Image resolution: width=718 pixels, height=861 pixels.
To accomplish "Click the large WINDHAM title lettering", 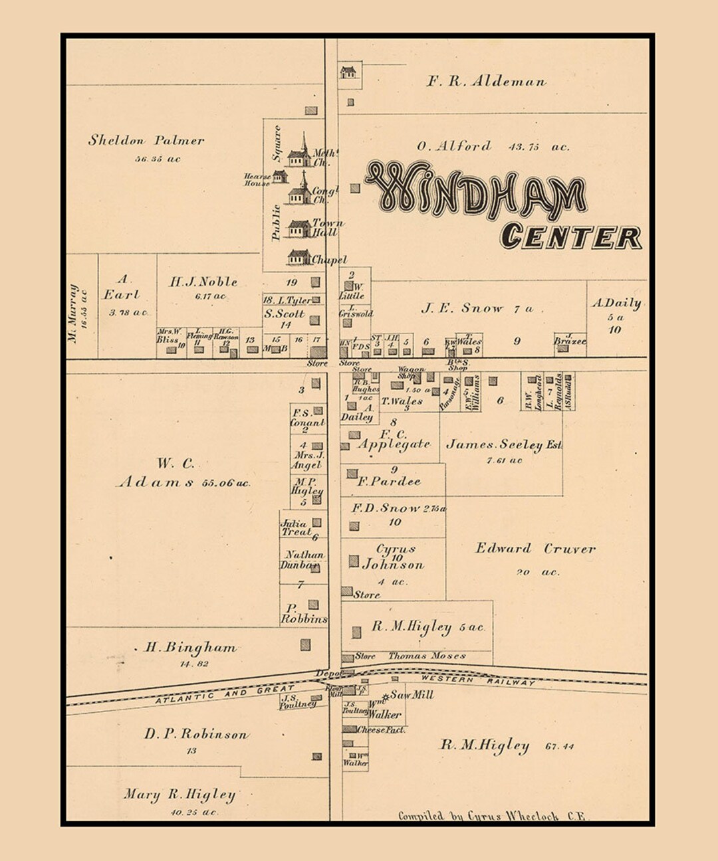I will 475,191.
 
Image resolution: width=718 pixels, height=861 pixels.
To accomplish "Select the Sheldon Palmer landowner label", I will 146,140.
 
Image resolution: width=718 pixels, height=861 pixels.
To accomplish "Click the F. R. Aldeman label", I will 486,82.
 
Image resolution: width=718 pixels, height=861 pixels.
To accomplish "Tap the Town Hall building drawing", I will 300,229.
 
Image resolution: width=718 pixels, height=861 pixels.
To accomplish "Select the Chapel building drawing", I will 299,256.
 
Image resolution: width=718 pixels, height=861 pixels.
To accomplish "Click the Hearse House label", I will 257,179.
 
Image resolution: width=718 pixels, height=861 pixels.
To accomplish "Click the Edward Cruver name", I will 535,549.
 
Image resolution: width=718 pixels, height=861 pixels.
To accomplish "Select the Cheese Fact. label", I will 382,729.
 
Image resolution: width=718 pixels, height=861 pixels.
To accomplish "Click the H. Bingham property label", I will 191,647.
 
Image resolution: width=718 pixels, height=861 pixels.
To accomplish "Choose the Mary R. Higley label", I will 179,795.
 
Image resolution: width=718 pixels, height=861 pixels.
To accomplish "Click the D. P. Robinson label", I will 196,734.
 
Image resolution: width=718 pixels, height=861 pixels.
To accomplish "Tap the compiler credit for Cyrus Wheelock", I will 491,816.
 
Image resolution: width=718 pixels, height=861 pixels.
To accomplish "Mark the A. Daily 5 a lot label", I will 616,304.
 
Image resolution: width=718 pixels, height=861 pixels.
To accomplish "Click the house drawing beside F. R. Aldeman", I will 348,72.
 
